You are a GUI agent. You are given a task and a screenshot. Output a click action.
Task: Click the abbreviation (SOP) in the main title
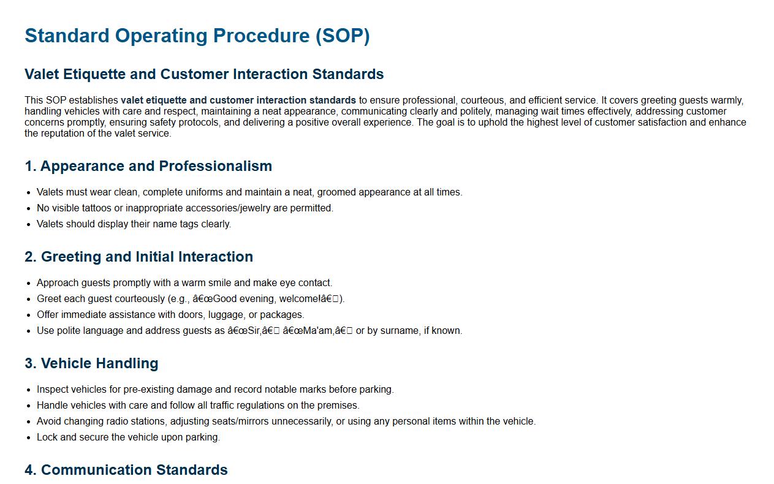[343, 36]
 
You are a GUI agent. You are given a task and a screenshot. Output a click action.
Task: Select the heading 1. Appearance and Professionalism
[148, 166]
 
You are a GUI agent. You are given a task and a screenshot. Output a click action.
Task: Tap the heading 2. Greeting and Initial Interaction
[138, 257]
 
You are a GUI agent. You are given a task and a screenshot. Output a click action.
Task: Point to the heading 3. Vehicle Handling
[91, 363]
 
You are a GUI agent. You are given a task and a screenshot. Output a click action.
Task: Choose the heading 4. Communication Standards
[126, 470]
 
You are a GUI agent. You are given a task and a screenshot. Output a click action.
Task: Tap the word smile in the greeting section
[219, 283]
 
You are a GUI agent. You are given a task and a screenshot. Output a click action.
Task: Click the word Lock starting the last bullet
[47, 437]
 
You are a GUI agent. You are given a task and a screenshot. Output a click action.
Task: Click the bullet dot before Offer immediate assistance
[29, 316]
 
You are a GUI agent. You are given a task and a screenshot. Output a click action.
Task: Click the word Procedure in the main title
[261, 36]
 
